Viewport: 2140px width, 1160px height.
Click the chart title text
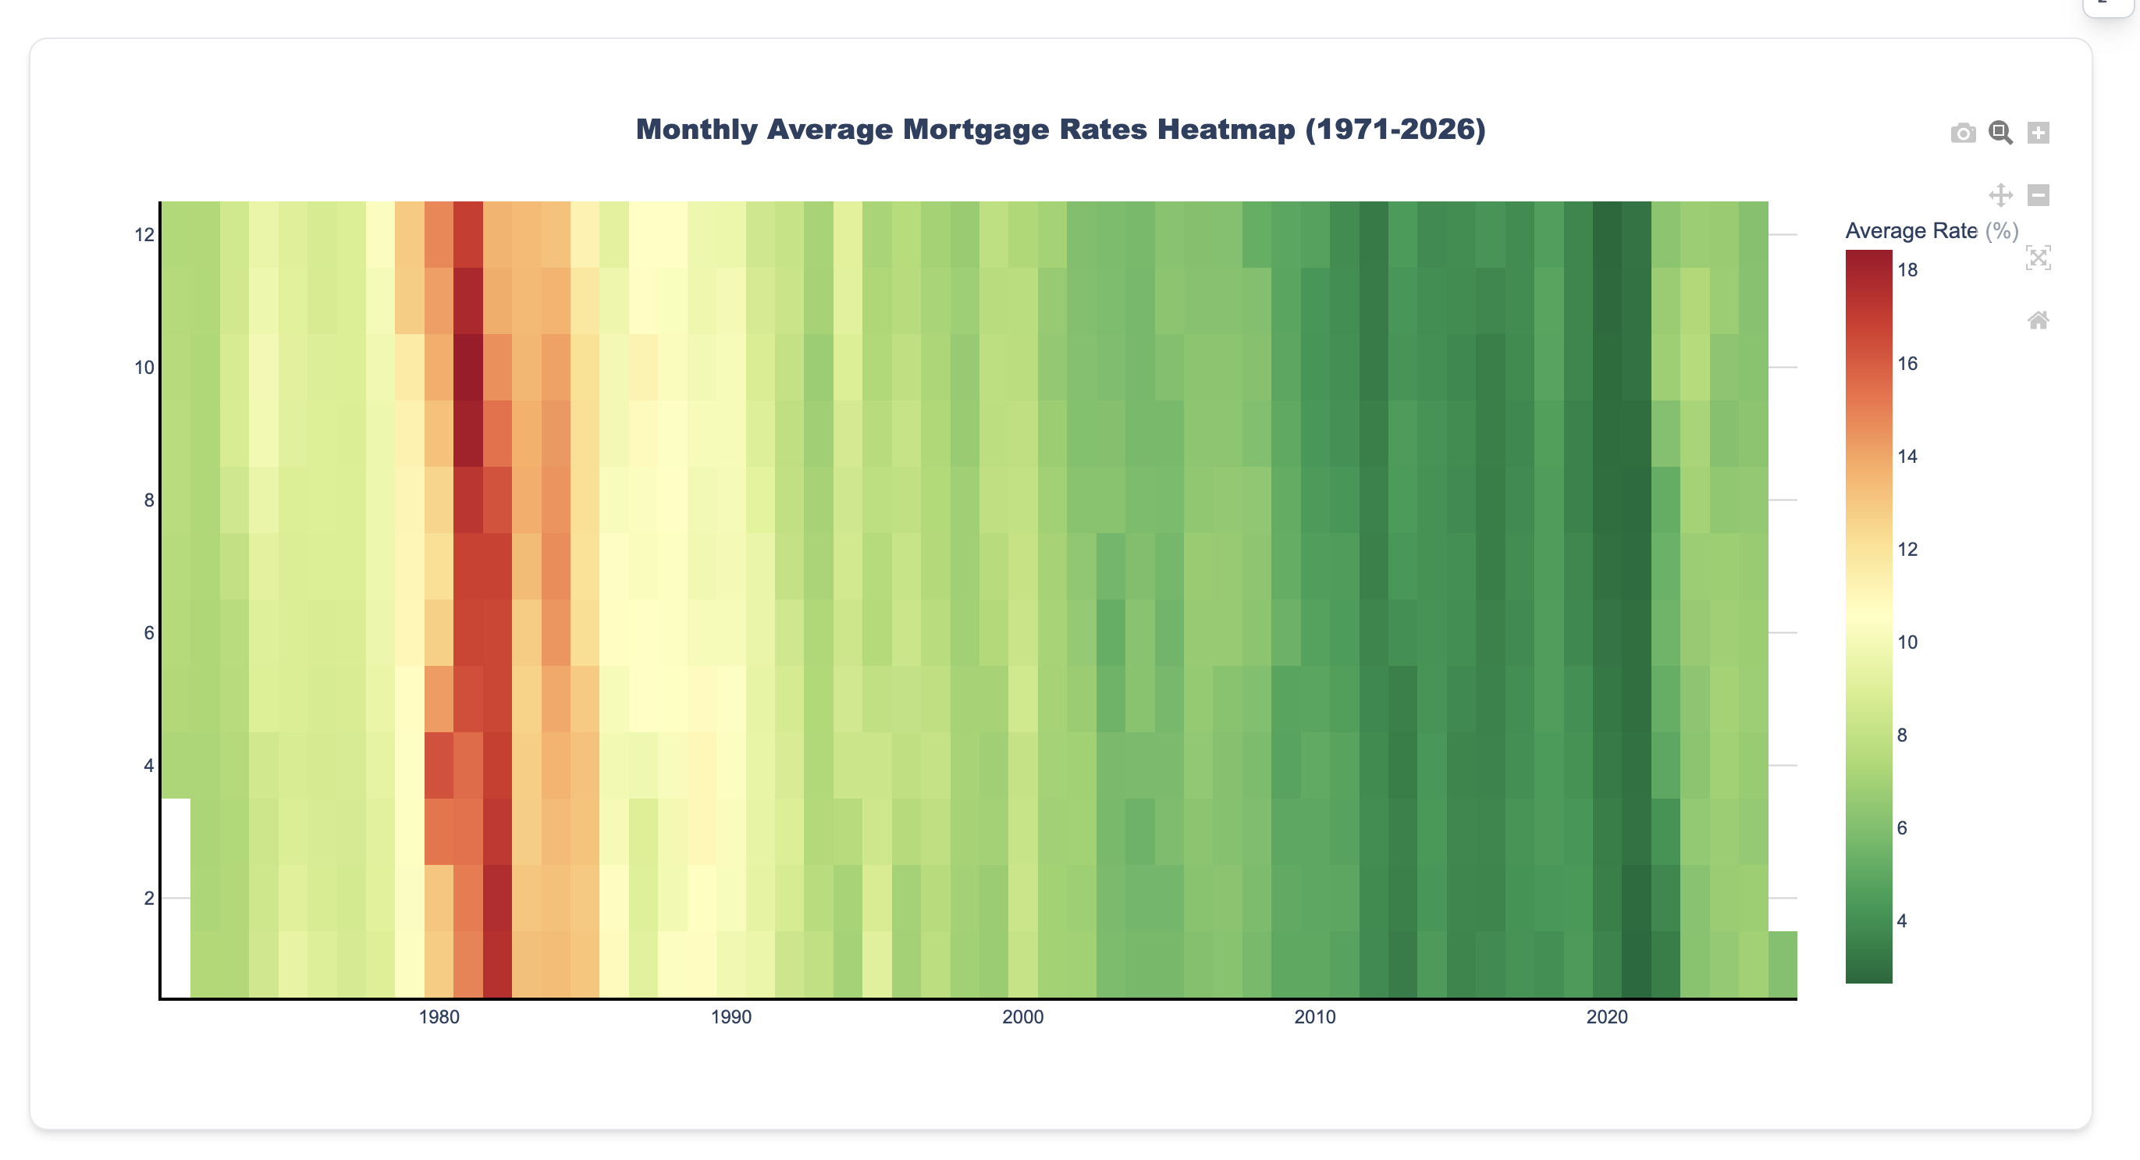click(1060, 130)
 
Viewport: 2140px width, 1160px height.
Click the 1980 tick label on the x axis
click(439, 1017)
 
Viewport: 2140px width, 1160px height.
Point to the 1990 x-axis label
click(731, 1017)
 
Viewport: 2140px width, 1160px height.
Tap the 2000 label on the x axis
click(1022, 1017)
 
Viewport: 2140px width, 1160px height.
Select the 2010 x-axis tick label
click(1314, 1017)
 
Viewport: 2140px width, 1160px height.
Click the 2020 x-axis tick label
click(1607, 1017)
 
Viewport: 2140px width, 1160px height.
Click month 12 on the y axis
click(144, 235)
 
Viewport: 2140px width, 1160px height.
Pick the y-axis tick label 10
click(144, 367)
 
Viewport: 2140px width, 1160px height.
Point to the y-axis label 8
click(149, 500)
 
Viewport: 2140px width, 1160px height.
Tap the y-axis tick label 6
click(149, 633)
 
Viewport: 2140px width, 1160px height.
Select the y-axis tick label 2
click(149, 898)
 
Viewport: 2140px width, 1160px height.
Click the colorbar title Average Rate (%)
click(1931, 231)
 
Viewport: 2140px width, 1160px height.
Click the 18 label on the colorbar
click(1907, 270)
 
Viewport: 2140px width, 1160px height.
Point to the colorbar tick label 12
click(1907, 550)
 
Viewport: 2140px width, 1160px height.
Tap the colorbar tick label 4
click(1902, 920)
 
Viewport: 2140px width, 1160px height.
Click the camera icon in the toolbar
click(1963, 133)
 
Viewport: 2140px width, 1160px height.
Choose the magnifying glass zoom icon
click(2000, 133)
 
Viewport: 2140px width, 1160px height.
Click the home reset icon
click(2038, 320)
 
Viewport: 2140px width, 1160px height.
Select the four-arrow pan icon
click(2000, 195)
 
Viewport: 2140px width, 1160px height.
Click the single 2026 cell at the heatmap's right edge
click(1783, 964)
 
